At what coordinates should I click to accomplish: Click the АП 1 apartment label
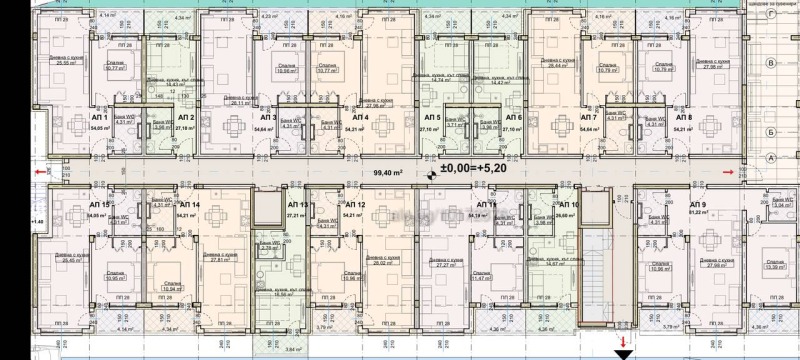click(x=101, y=117)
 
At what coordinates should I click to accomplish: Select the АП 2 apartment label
click(x=187, y=117)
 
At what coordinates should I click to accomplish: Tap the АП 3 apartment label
click(x=269, y=117)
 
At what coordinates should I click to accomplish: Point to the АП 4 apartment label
click(x=357, y=117)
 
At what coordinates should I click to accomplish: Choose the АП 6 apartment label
click(x=515, y=117)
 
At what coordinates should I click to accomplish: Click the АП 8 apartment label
click(x=683, y=117)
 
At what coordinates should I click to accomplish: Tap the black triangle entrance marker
click(x=623, y=352)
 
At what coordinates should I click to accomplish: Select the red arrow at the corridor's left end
click(x=39, y=171)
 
